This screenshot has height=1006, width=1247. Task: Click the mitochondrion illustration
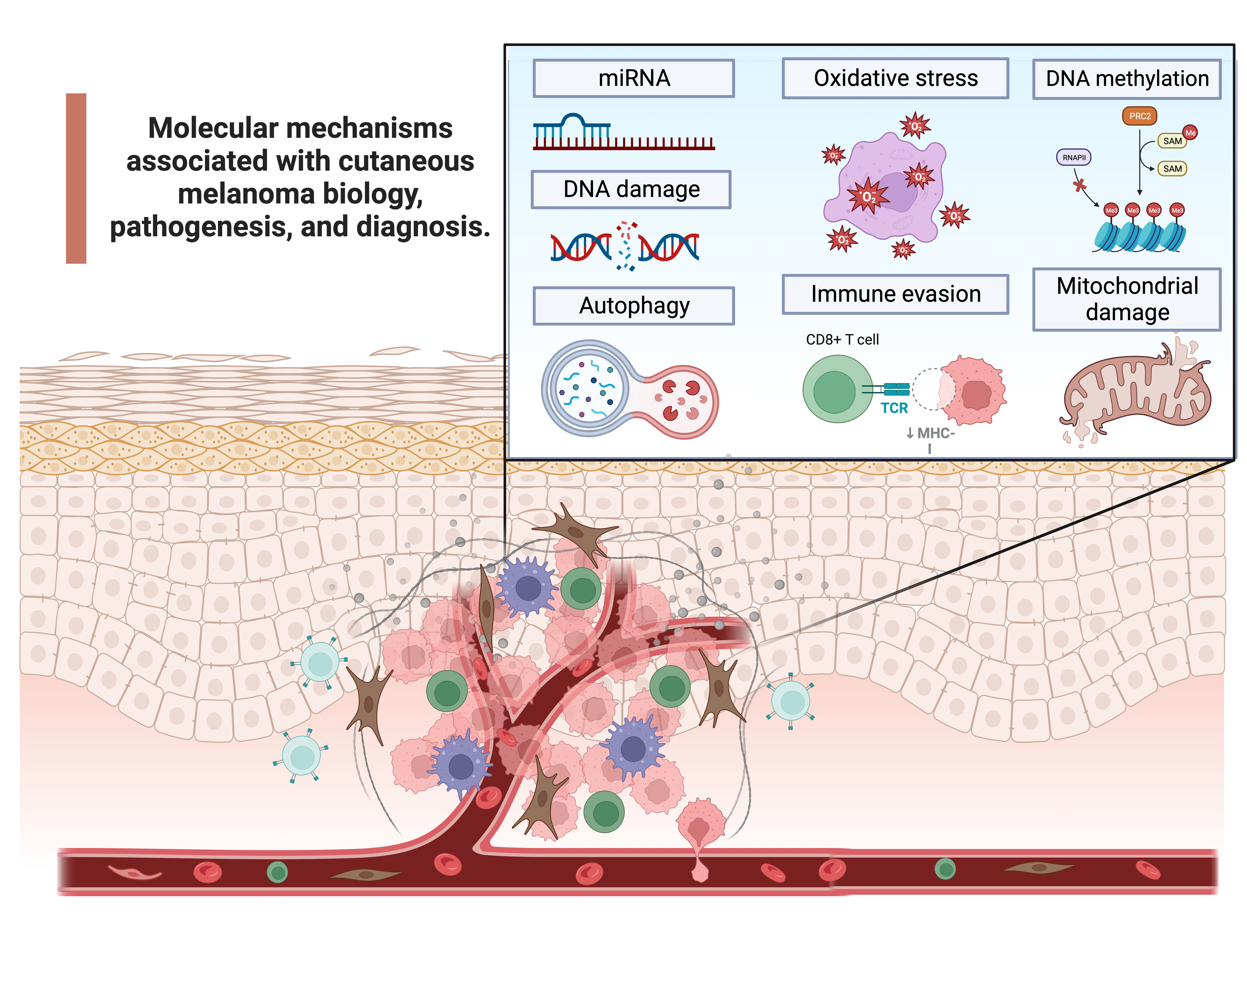pos(1136,394)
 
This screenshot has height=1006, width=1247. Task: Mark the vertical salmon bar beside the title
pos(76,179)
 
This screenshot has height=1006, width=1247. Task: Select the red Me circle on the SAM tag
pos(1190,133)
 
